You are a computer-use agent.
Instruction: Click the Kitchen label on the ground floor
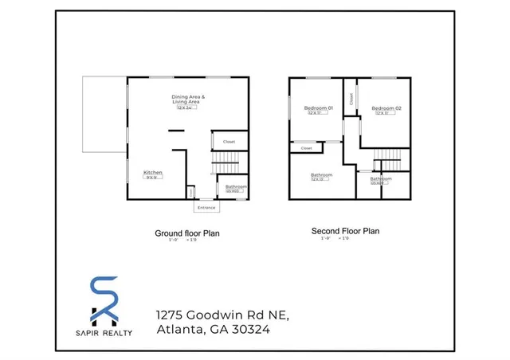(x=153, y=172)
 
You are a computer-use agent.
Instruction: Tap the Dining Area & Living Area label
(x=189, y=99)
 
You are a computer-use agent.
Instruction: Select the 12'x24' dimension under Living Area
(x=188, y=108)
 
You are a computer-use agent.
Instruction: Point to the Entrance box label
(x=206, y=207)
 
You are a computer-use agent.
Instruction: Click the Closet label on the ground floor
(x=229, y=142)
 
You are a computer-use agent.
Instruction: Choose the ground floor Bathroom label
(x=236, y=186)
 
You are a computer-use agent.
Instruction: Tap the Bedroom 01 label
(x=318, y=108)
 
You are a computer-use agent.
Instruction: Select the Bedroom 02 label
(x=386, y=108)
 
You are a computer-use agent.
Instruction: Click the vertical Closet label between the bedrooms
(x=351, y=99)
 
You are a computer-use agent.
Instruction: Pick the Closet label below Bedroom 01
(x=306, y=147)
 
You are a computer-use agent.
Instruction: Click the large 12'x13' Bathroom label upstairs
(x=321, y=174)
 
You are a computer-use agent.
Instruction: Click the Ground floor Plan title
(x=186, y=233)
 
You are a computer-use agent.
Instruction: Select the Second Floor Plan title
(x=345, y=231)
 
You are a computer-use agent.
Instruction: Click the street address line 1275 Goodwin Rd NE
(x=222, y=315)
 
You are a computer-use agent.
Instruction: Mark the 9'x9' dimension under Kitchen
(x=152, y=178)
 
